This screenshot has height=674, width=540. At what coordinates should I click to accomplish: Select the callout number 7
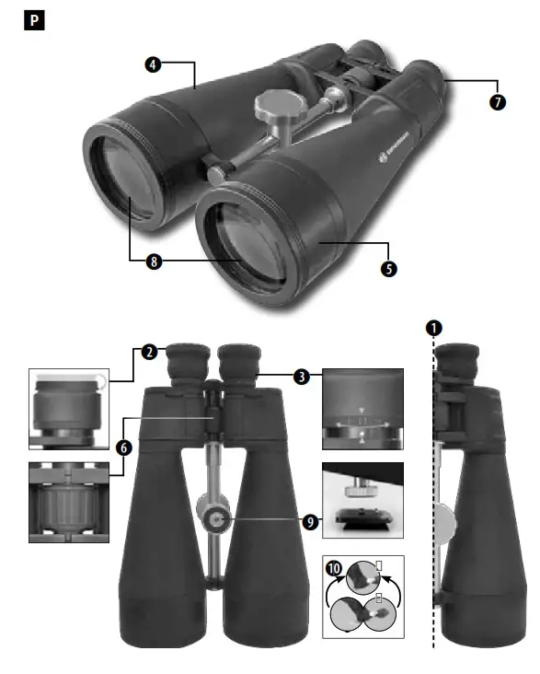[497, 102]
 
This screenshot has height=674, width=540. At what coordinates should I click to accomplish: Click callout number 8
[154, 261]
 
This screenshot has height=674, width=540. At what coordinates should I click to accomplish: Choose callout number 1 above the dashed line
[433, 327]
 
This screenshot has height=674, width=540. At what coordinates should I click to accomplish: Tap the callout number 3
[301, 376]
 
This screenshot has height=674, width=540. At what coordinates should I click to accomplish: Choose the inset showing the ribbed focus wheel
[68, 502]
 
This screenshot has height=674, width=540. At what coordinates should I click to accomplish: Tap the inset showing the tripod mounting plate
[361, 503]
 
